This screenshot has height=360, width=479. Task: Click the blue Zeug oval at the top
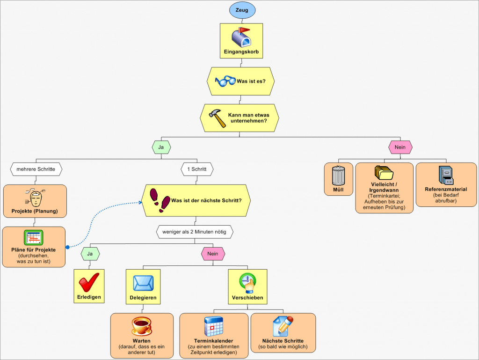click(x=242, y=10)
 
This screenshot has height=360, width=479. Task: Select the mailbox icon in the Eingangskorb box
click(x=241, y=37)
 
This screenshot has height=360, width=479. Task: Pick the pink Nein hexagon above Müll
click(x=400, y=147)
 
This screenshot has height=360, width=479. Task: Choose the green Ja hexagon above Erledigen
click(x=90, y=254)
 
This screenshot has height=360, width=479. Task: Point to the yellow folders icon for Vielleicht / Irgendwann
click(x=385, y=175)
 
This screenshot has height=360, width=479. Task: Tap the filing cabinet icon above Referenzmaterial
click(x=446, y=176)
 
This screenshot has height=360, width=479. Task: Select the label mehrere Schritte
click(x=36, y=168)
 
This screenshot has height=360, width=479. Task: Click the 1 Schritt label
click(x=197, y=168)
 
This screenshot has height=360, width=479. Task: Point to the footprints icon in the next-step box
click(x=160, y=199)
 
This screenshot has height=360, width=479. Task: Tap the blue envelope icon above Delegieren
click(x=143, y=284)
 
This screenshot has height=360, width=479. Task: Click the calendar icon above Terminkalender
click(x=213, y=326)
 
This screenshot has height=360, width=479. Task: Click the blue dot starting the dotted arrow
click(x=68, y=247)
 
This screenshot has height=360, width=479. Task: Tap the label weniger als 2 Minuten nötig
click(x=194, y=232)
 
